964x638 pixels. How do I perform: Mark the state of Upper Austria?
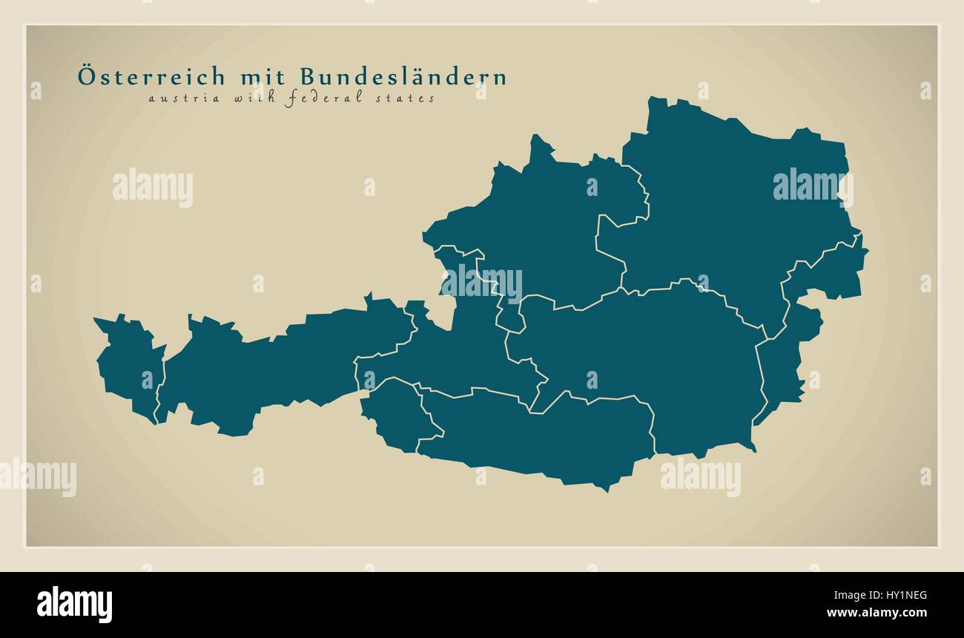541,223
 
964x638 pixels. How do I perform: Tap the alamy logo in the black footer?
74,605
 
